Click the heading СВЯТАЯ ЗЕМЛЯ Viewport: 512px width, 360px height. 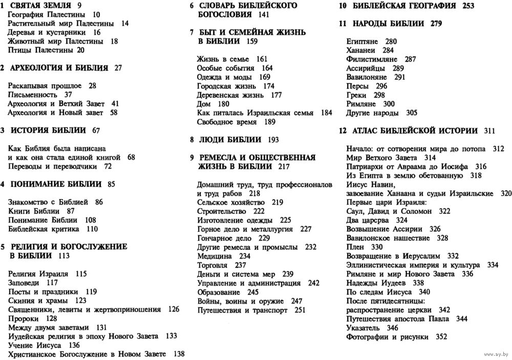pos(38,6)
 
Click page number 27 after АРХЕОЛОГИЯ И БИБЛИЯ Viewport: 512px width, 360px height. pos(119,68)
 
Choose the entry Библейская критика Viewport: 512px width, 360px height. pos(45,228)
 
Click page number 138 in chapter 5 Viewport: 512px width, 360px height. pos(179,354)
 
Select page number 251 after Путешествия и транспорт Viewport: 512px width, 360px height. pos(300,310)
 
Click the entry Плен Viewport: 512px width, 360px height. pos(355,246)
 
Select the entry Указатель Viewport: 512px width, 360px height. pos(364,327)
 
